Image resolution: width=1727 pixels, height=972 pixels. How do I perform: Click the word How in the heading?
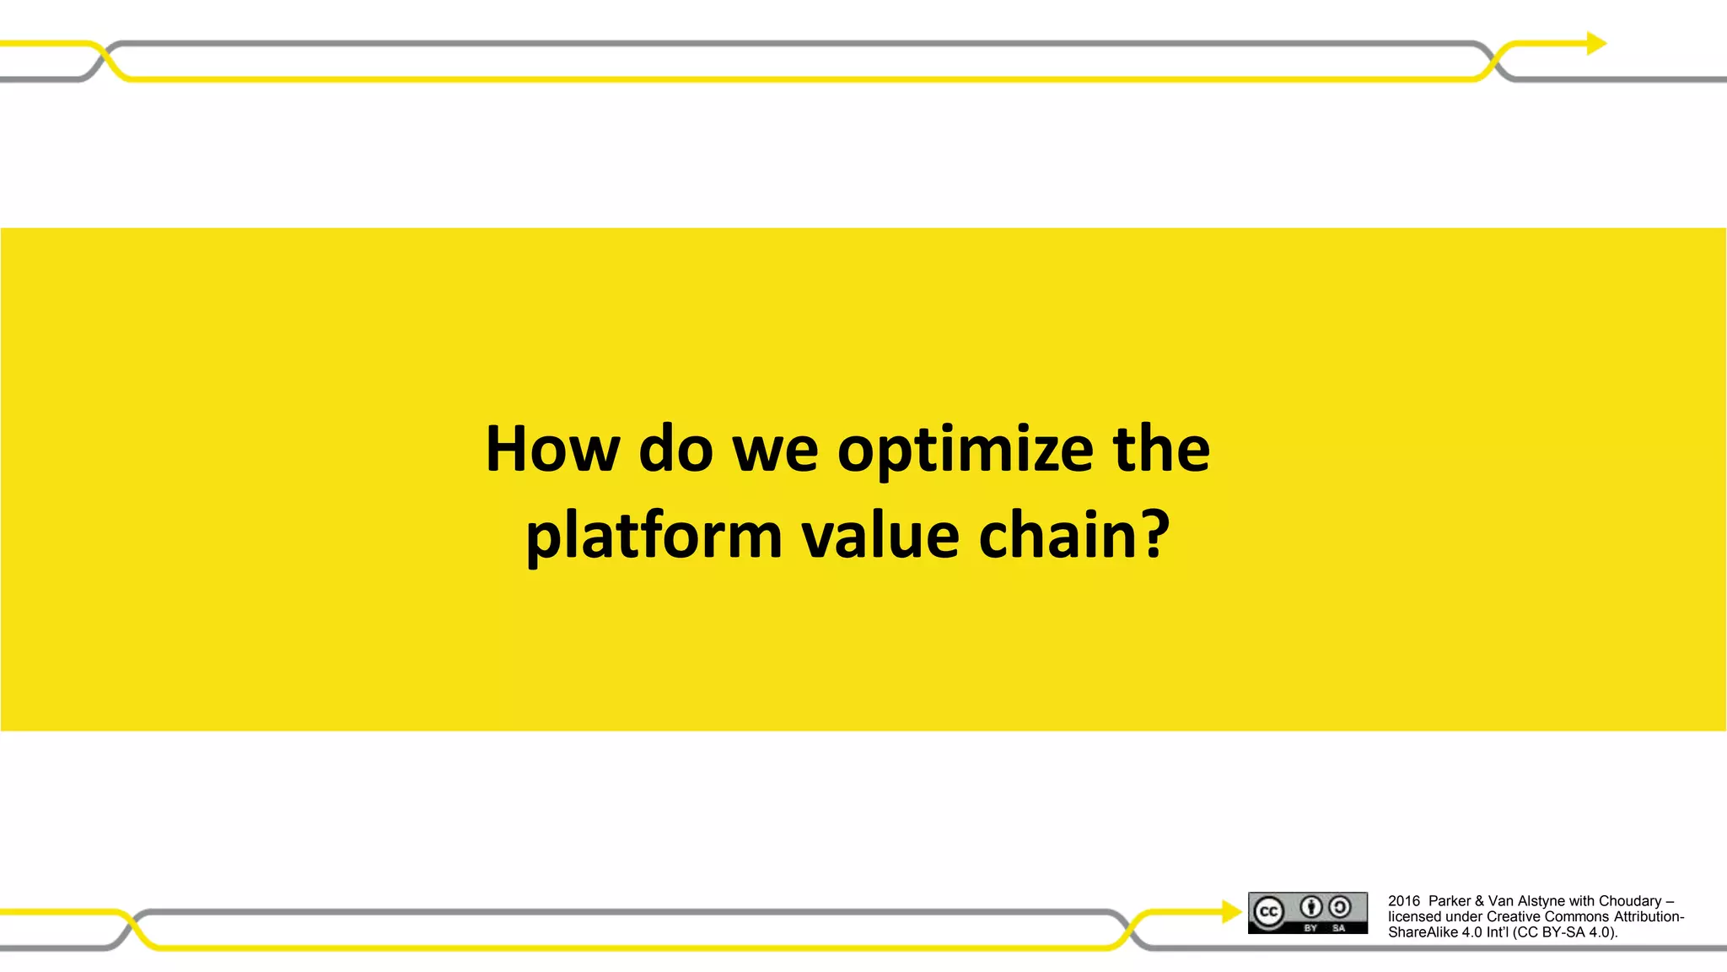click(552, 449)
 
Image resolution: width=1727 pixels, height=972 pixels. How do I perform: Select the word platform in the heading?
click(654, 537)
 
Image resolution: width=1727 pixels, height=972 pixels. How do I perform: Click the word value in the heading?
click(880, 536)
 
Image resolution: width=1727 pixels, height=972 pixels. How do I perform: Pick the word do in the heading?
click(676, 449)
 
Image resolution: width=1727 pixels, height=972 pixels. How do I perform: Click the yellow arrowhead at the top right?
click(1595, 43)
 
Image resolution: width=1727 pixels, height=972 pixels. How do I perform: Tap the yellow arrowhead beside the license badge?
click(1231, 911)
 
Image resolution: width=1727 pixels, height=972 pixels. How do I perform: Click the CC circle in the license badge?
click(1268, 912)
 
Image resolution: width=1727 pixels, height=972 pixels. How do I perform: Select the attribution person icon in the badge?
click(1310, 907)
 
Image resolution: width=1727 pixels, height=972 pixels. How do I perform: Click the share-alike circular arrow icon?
click(1339, 907)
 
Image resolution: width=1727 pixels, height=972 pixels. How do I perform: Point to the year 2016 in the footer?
click(1404, 901)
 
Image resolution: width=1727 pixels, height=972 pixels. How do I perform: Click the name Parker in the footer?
click(1449, 901)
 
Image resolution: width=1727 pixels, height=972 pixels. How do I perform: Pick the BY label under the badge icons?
click(1310, 928)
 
